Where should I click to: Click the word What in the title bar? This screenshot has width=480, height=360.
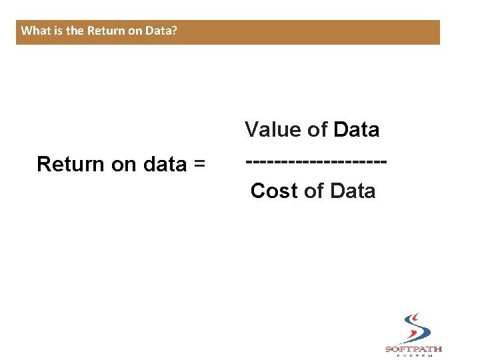33,31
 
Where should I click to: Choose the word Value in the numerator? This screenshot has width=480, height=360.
273,129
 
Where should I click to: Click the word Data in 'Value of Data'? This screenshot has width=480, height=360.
357,129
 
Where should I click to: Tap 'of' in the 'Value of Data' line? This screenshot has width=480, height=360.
317,129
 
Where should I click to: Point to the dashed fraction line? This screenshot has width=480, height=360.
317,162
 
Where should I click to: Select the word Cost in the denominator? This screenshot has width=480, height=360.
274,191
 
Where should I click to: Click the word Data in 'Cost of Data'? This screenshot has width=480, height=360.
353,191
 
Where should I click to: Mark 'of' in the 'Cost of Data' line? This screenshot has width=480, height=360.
313,191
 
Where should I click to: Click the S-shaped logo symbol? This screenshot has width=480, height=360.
414,328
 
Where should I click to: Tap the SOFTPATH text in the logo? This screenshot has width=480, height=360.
413,349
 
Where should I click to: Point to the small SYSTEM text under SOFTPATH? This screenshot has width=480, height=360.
413,356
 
